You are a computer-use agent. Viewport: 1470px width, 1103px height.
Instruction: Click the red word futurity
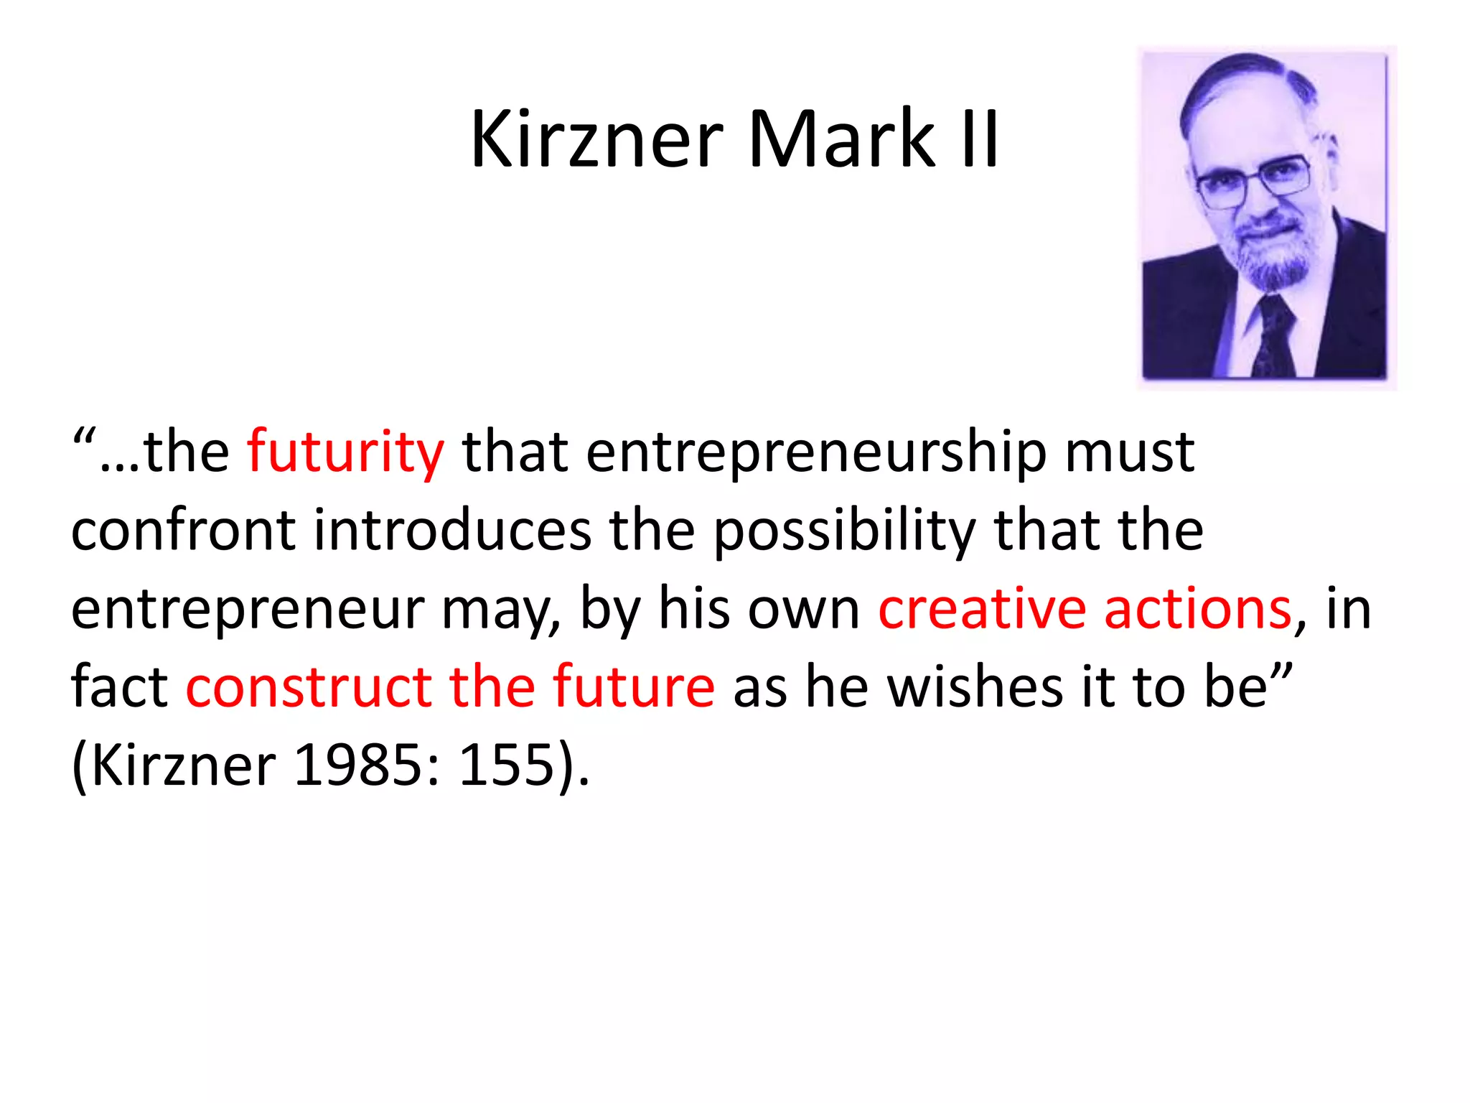[x=345, y=452]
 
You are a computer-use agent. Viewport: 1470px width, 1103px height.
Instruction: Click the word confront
[x=183, y=531]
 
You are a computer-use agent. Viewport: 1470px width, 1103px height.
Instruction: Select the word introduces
[x=452, y=531]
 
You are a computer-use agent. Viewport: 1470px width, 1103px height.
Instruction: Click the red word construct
[x=309, y=687]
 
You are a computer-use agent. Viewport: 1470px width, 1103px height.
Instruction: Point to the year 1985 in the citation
[x=359, y=764]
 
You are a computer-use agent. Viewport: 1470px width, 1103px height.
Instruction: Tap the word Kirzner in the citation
[x=184, y=764]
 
